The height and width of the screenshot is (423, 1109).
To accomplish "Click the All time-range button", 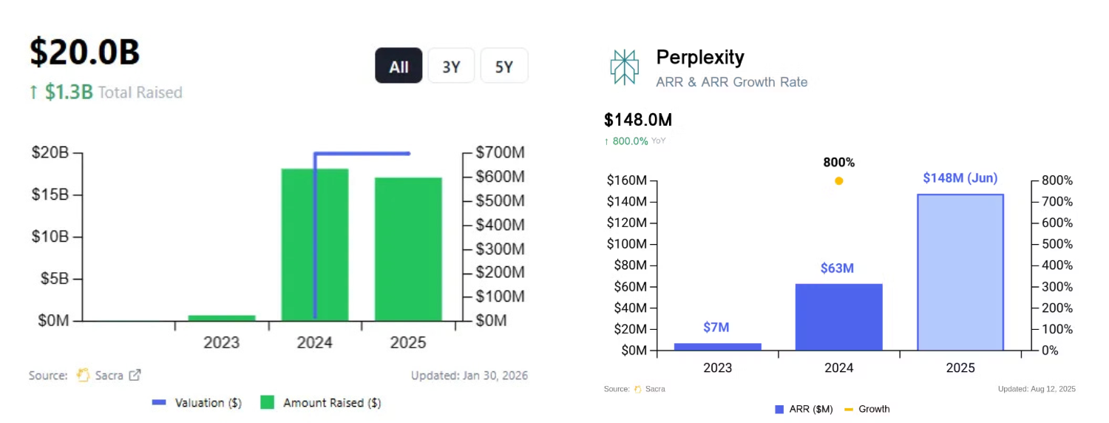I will pyautogui.click(x=399, y=66).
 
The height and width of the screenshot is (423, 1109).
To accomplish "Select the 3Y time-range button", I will pyautogui.click(x=451, y=66).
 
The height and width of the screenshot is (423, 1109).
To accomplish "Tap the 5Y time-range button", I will pyautogui.click(x=504, y=66).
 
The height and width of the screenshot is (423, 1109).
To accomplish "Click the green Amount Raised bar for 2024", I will pyautogui.click(x=315, y=244).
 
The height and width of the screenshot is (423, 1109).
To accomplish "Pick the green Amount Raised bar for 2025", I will pyautogui.click(x=408, y=248).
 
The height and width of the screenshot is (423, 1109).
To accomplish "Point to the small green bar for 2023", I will pyautogui.click(x=222, y=318).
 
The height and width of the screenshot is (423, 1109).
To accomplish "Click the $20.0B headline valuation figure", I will pyautogui.click(x=85, y=53).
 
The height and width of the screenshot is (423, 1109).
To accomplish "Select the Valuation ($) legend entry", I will pyautogui.click(x=197, y=403).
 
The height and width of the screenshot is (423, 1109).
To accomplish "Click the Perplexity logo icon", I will pyautogui.click(x=625, y=67).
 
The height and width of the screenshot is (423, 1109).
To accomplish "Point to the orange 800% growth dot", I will pyautogui.click(x=838, y=180).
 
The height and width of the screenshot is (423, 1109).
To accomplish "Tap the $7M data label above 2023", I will pyautogui.click(x=716, y=328).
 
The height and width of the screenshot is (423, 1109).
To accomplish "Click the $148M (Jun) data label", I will pyautogui.click(x=960, y=178).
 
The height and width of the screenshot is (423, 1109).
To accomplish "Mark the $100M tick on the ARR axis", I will pyautogui.click(x=627, y=244).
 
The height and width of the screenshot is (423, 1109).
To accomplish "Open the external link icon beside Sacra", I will pyautogui.click(x=135, y=375).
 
